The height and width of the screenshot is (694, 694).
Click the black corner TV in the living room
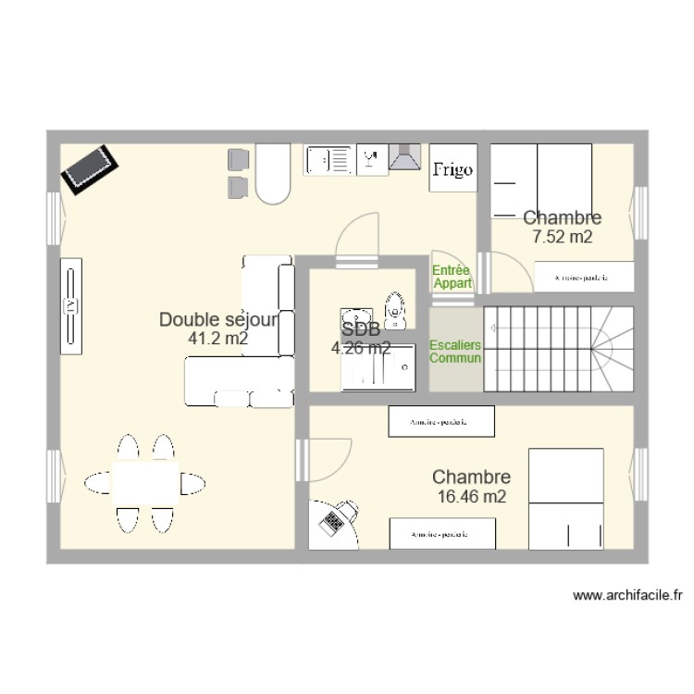90,167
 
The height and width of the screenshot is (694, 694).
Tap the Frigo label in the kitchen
453,168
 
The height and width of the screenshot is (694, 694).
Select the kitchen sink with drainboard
328,160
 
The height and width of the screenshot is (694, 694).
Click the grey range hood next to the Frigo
405,158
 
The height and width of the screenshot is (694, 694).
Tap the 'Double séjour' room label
218,320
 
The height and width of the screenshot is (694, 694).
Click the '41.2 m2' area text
218,340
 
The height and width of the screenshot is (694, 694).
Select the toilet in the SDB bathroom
396,308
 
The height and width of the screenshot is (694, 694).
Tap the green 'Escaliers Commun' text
455,352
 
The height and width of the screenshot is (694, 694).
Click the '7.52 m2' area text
562,237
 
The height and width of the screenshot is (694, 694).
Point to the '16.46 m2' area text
472,497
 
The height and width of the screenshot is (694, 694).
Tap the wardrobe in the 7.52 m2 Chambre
589,277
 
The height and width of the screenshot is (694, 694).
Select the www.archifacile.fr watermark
627,596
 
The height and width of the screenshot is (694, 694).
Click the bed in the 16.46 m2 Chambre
565,498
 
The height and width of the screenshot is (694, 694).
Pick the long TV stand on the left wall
71,305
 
